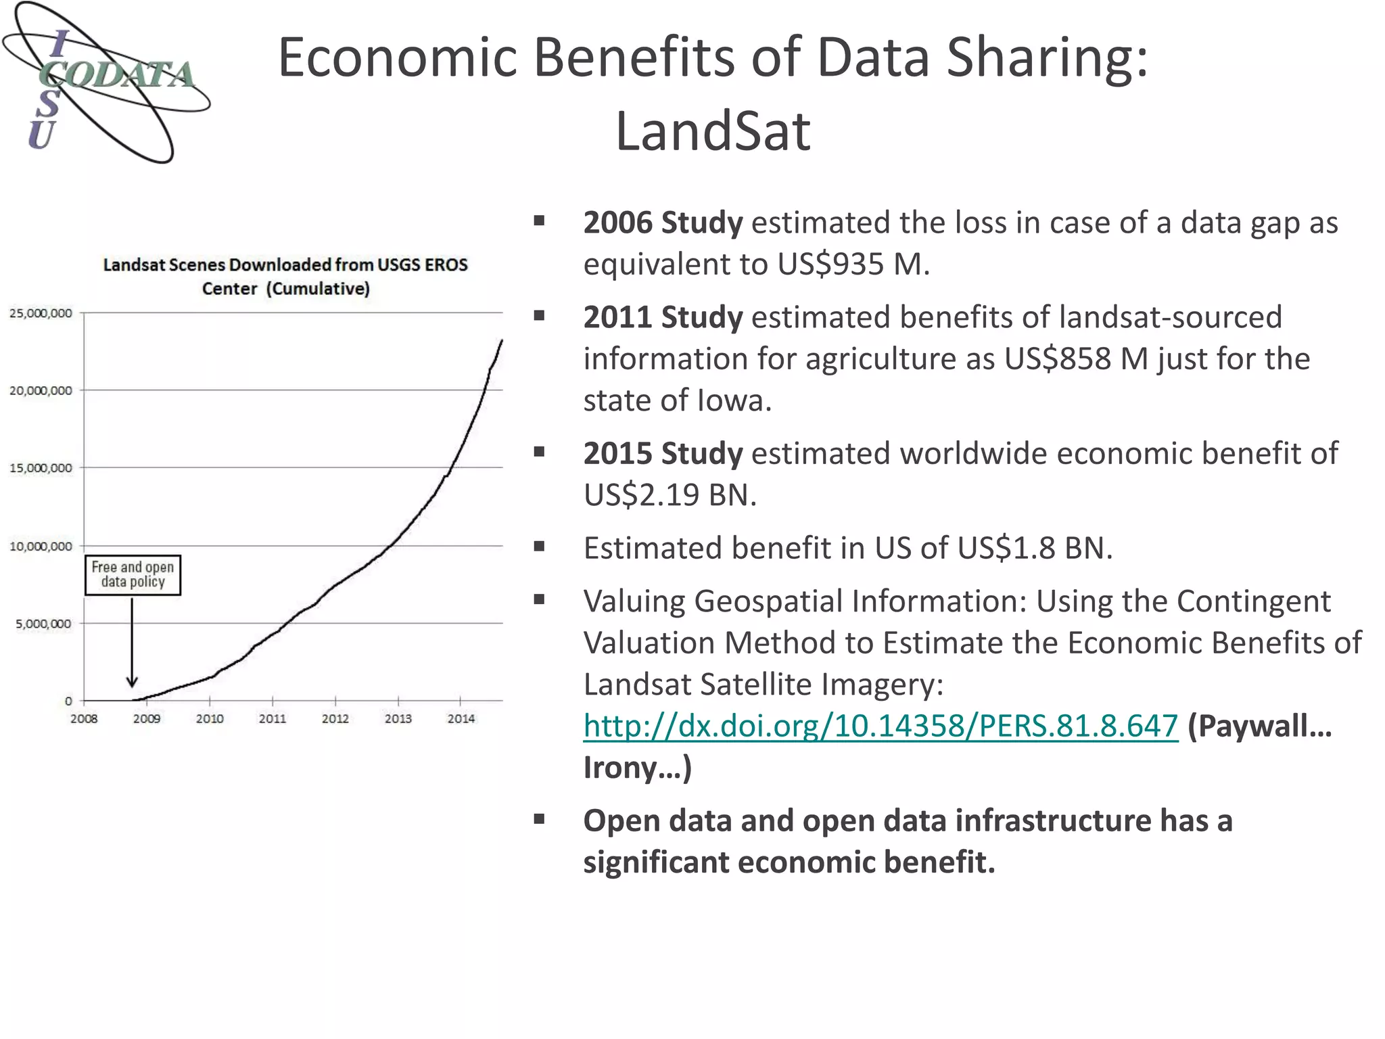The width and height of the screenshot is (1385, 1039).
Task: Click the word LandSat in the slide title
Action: click(712, 131)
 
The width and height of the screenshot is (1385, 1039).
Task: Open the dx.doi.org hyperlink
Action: click(881, 726)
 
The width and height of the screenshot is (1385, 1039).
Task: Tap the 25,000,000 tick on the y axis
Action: click(41, 313)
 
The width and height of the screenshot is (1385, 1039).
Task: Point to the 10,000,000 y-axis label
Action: click(41, 546)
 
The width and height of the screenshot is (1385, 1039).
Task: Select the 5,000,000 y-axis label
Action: click(43, 624)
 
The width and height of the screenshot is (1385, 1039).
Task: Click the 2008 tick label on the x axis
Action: click(84, 718)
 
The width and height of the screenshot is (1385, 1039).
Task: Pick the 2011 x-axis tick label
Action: click(273, 718)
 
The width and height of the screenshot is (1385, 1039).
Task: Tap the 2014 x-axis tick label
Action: click(461, 718)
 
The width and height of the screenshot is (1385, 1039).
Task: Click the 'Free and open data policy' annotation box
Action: click(133, 575)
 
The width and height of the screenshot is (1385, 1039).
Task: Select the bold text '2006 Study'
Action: click(663, 223)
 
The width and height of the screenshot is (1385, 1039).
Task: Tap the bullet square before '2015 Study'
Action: click(539, 452)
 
